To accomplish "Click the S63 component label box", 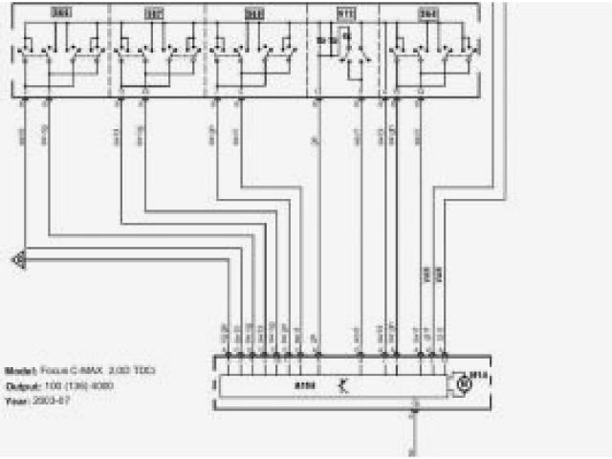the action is (60, 13).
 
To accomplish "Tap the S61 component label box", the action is (254, 13).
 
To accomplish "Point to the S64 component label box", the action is (428, 13).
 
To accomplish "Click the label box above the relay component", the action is (345, 13).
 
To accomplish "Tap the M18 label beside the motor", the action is (481, 376).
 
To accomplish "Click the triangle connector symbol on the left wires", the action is (18, 258).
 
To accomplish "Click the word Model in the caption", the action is (19, 370).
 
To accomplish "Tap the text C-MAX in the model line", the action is (79, 370).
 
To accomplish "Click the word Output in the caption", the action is (20, 385).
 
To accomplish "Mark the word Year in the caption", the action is (16, 401).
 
